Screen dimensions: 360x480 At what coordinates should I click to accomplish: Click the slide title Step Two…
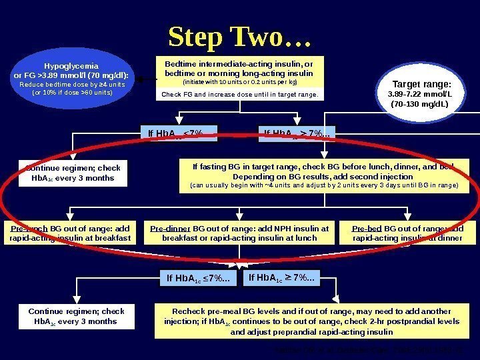[x=240, y=37]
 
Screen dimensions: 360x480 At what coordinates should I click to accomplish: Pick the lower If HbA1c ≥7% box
[x=283, y=276]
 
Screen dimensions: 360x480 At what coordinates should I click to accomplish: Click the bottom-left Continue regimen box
[x=76, y=317]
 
